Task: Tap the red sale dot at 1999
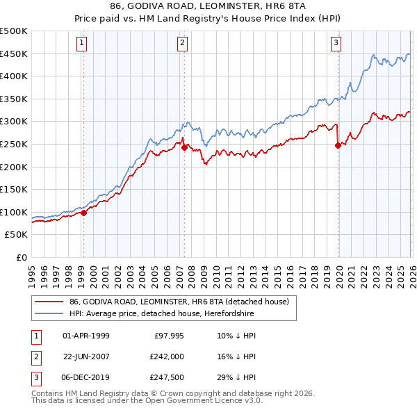tap(83, 213)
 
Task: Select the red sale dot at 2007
tap(184, 147)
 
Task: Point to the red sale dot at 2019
tap(338, 145)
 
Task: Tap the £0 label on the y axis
tap(22, 257)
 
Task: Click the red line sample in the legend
tap(49, 302)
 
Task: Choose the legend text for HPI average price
tap(162, 314)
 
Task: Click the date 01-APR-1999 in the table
tap(86, 336)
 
